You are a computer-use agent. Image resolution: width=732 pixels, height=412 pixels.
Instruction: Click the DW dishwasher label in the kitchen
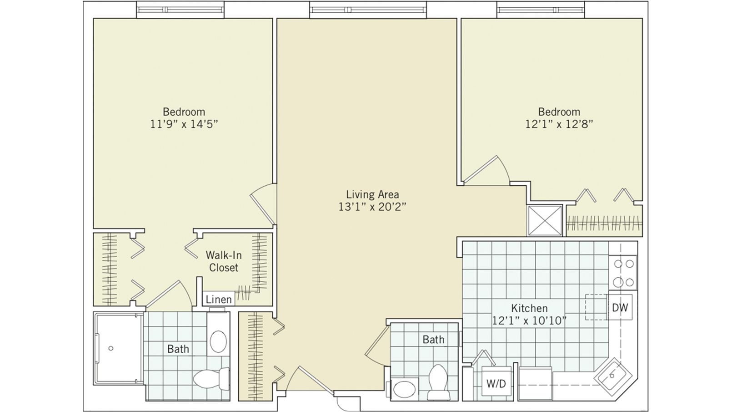[x=620, y=308]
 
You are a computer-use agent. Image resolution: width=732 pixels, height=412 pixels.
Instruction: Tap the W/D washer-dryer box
[x=496, y=383]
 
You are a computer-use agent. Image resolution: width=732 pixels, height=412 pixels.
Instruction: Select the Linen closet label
[x=219, y=300]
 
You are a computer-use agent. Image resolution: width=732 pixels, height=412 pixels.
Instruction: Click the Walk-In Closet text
[x=223, y=261]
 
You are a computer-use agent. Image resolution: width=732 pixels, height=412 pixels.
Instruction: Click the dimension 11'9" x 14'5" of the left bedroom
[x=184, y=124]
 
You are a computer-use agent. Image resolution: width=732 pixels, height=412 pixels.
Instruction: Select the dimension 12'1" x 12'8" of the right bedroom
[x=559, y=124]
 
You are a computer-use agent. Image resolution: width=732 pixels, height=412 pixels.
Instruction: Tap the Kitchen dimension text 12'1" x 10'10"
[x=529, y=320]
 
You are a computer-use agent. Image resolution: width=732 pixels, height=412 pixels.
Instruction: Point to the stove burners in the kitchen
[x=624, y=273]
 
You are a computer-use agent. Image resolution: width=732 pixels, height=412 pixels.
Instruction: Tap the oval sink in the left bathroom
[x=219, y=341]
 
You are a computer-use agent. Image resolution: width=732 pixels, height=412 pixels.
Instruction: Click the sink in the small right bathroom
[x=404, y=390]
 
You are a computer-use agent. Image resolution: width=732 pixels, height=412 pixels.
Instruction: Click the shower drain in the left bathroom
[x=111, y=349]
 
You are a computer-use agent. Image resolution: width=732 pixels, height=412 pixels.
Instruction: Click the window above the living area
[x=368, y=9]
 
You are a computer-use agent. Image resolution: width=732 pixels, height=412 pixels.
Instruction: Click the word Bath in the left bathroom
[x=178, y=349]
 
